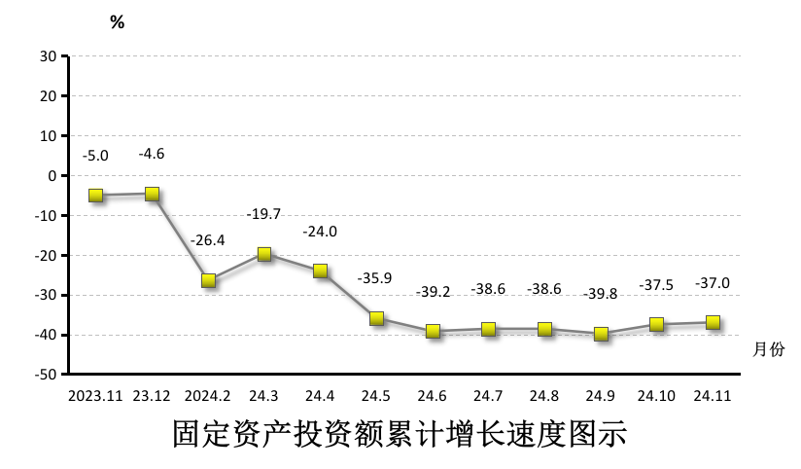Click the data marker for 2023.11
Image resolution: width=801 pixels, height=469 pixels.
point(95,196)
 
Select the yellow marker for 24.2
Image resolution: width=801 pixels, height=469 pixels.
point(208,280)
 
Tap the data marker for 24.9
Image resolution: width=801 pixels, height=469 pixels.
point(601,334)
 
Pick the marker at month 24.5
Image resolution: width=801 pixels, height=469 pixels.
point(376,318)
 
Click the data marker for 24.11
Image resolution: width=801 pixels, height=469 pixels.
point(713,323)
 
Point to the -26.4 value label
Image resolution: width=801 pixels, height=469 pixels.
point(208,239)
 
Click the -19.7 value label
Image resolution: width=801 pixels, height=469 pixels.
point(263,213)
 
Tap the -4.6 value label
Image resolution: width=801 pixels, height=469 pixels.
point(152,154)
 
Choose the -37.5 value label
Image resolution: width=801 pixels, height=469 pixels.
point(656,285)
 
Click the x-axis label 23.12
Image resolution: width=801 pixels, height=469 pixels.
point(152,396)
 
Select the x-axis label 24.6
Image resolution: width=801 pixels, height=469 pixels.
point(432,396)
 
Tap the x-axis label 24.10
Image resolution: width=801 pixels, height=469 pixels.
point(656,396)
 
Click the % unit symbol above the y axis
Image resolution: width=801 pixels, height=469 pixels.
point(117,22)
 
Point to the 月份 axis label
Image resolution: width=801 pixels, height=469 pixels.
point(768,347)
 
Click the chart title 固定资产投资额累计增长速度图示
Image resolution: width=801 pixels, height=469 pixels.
point(400,434)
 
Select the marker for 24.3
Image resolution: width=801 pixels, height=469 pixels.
point(263,254)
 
